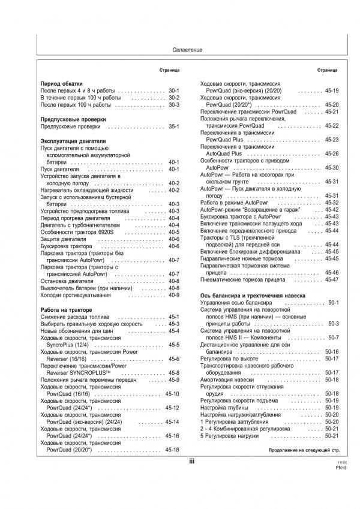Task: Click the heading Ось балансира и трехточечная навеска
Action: click(253, 296)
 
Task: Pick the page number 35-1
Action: click(174, 127)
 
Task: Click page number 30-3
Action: click(174, 105)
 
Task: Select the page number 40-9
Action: click(174, 295)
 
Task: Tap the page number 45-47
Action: click(331, 280)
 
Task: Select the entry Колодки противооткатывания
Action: click(78, 295)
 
